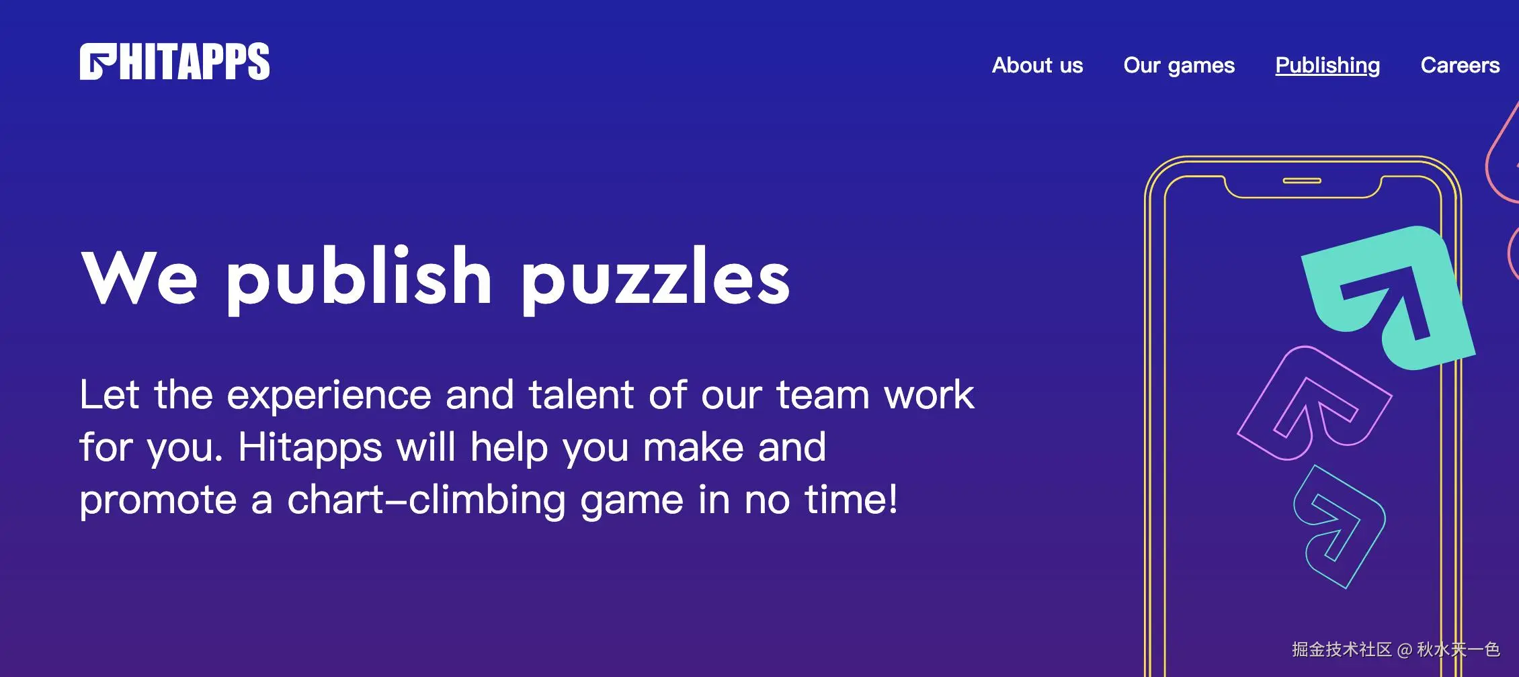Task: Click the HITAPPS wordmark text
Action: click(195, 62)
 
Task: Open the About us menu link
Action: click(1037, 65)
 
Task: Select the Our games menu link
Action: click(1179, 66)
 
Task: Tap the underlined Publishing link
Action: click(1327, 66)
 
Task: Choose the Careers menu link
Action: click(1460, 65)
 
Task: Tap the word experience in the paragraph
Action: click(329, 396)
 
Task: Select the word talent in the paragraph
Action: click(581, 394)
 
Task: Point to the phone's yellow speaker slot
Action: click(1302, 181)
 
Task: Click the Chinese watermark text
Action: click(1395, 649)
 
